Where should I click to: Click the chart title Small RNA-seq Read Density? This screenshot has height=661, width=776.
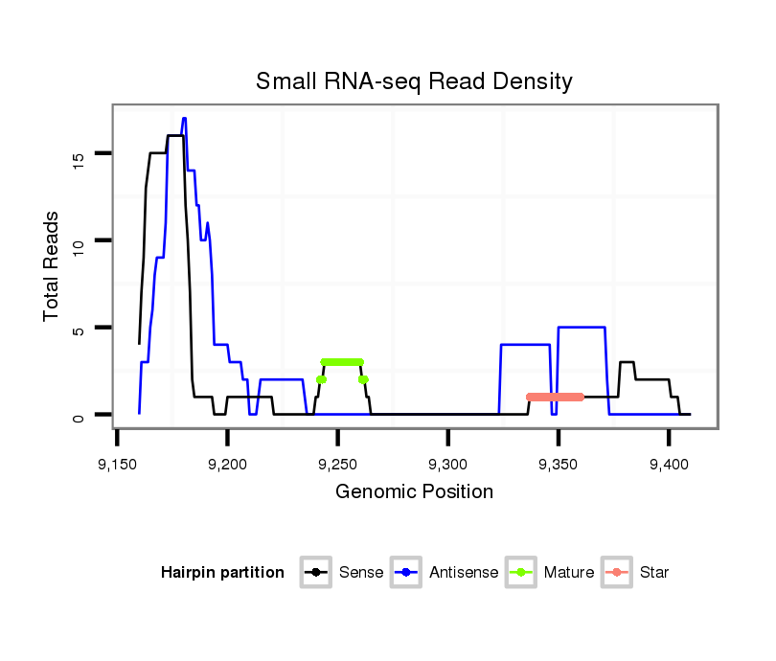point(414,81)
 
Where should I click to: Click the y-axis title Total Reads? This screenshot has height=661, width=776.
point(53,266)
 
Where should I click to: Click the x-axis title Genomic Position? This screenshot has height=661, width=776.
point(414,492)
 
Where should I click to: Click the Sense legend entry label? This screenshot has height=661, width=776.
point(361,573)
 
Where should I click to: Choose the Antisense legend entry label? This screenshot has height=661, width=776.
point(464,573)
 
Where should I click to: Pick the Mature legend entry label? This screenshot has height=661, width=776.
point(569,573)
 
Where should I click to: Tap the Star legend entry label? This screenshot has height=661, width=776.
point(654,573)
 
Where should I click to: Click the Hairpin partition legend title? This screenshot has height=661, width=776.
point(222,573)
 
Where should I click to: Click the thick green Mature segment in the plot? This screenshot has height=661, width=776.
point(342,362)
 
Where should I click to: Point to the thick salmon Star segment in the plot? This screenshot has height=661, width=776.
point(555,397)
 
